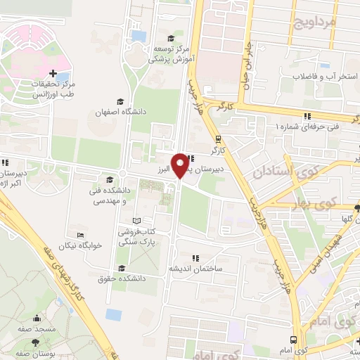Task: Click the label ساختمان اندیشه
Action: tap(195, 269)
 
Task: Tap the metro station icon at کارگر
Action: tap(218, 139)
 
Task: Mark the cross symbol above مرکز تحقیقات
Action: tap(53, 73)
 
